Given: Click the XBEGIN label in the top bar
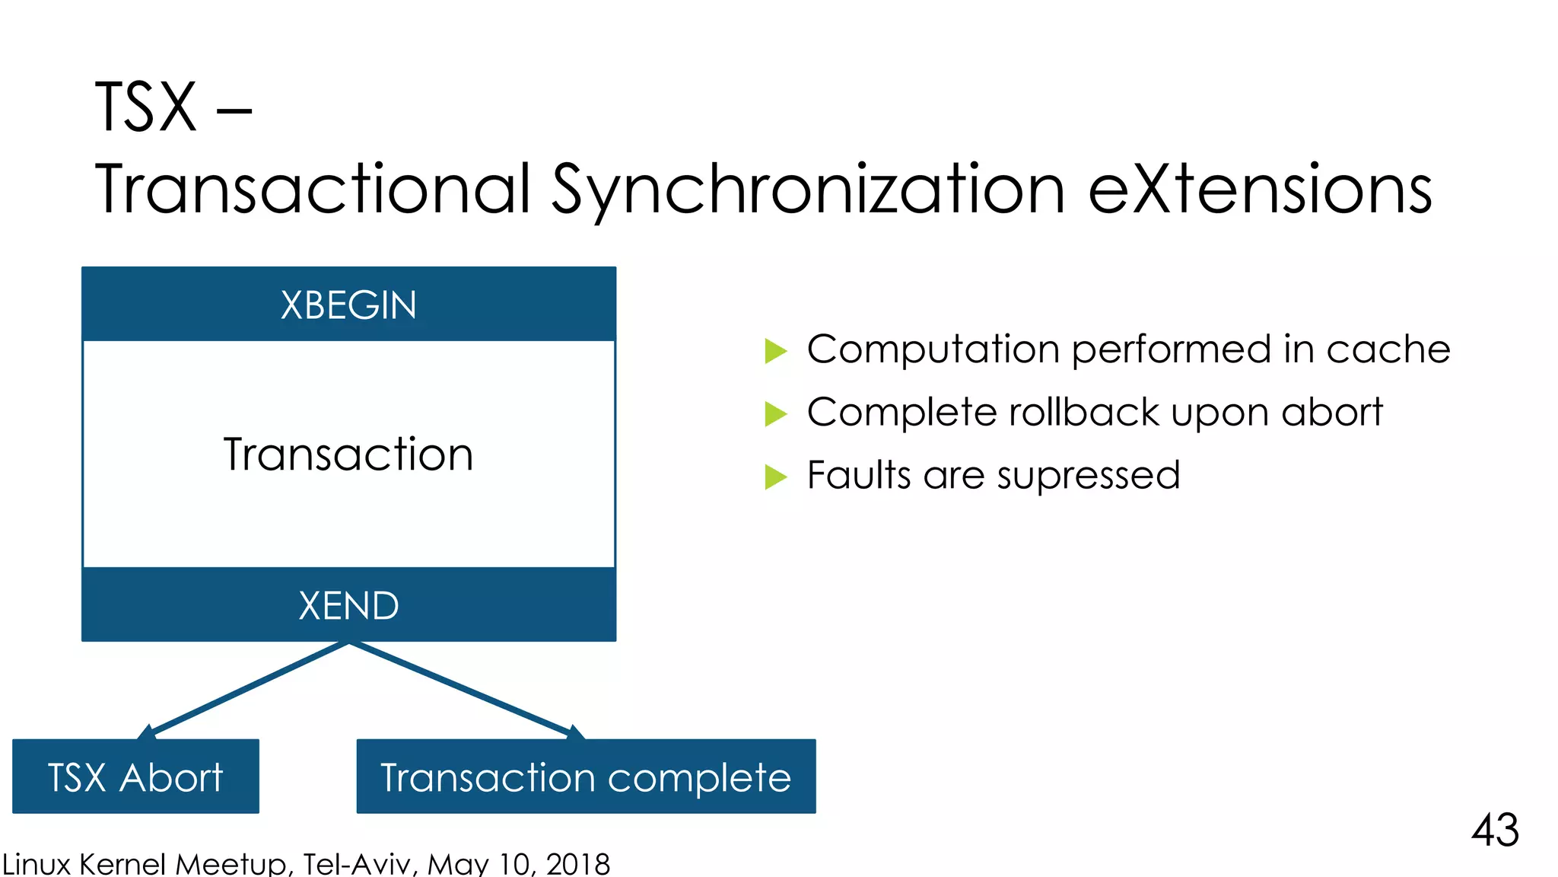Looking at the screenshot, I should pos(348,305).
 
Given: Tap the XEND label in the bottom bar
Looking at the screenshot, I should pos(348,606).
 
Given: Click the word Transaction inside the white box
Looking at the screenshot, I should pos(348,454).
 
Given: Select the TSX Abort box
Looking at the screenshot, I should pos(135,777).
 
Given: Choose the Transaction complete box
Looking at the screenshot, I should pos(586,777).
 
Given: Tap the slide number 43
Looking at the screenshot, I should pos(1495,830).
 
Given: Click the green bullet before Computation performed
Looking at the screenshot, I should pos(775,351).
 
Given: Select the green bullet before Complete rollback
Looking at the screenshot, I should pos(775,414).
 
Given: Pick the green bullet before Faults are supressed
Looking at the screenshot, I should pos(775,477).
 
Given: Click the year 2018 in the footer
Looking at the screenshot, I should pos(578,864).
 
